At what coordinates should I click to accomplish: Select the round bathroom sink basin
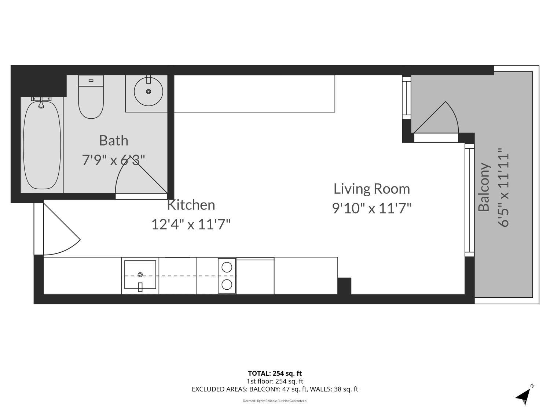pyautogui.click(x=148, y=92)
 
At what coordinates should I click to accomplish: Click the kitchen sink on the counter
pyautogui.click(x=140, y=275)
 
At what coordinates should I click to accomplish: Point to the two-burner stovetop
pyautogui.click(x=227, y=276)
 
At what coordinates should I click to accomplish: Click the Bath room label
pyautogui.click(x=114, y=141)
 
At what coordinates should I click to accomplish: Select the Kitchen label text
pyautogui.click(x=191, y=205)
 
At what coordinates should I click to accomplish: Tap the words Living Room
pyautogui.click(x=371, y=189)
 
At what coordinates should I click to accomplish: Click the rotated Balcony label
pyautogui.click(x=484, y=187)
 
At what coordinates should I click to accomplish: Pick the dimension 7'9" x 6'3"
pyautogui.click(x=114, y=160)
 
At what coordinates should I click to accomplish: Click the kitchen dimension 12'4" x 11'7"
pyautogui.click(x=191, y=224)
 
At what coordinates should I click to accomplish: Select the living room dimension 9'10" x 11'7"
pyautogui.click(x=371, y=208)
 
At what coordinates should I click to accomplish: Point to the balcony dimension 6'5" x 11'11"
pyautogui.click(x=504, y=187)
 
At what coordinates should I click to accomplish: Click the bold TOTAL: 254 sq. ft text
pyautogui.click(x=275, y=374)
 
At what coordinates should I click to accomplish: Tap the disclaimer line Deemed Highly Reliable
pyautogui.click(x=275, y=401)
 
